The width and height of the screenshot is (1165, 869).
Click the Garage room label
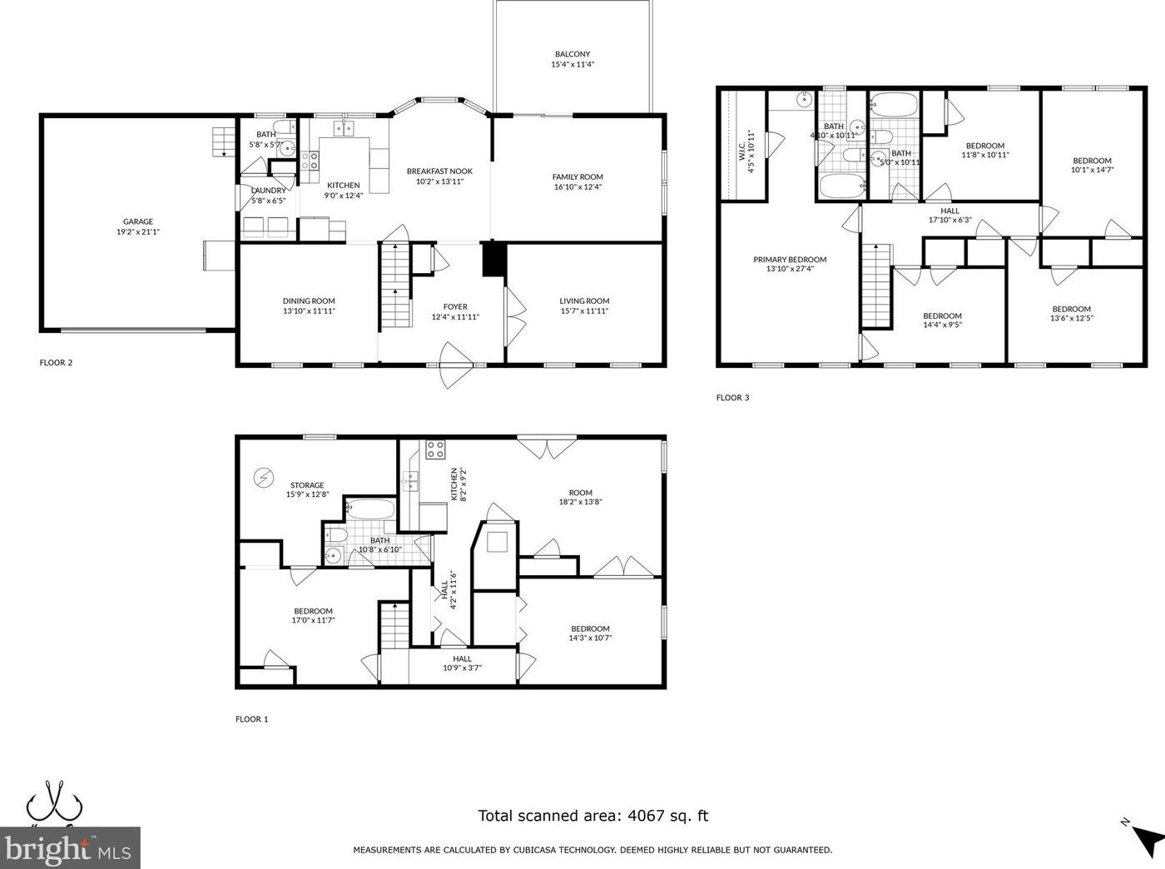coord(138,221)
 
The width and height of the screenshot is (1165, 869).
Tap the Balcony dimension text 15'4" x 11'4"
coord(572,64)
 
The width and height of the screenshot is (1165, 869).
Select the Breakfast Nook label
coord(439,171)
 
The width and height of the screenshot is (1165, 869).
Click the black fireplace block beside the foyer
coord(493,259)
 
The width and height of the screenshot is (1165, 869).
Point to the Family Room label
coord(578,176)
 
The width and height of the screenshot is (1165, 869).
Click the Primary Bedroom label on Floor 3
coord(790,260)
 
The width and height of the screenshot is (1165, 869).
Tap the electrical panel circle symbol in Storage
coord(264,477)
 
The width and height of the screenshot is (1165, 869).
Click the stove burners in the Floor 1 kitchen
coord(435,450)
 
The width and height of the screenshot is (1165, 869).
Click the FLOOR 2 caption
coord(56,363)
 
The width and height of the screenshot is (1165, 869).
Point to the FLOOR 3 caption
coord(732,398)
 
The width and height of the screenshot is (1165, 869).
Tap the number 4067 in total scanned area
coord(646,816)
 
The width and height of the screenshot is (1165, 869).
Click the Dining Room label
coord(309,301)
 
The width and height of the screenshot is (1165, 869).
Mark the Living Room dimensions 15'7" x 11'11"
coord(584,311)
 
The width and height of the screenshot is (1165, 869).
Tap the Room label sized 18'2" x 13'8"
coord(580,493)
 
